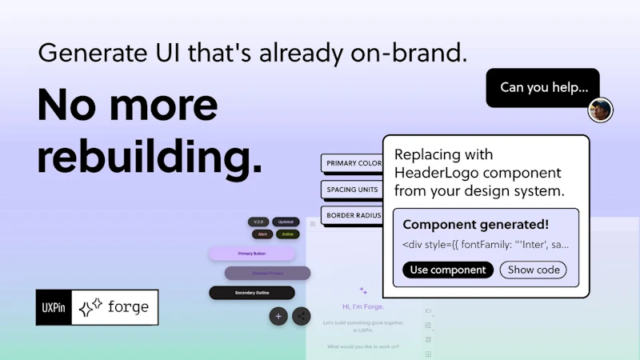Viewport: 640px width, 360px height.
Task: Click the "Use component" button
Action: point(448,270)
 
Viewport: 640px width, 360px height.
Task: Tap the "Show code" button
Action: point(534,270)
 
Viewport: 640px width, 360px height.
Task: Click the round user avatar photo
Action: point(600,110)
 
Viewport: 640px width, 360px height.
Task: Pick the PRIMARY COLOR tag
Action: point(352,164)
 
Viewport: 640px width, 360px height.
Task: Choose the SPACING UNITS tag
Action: point(352,190)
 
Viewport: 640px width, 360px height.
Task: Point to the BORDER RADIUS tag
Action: point(352,215)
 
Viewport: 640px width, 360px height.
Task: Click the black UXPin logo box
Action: point(54,307)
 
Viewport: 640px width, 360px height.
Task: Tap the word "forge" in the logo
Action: point(127,307)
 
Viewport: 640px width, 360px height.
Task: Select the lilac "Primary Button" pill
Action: point(252,254)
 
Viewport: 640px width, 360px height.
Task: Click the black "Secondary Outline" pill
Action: point(252,293)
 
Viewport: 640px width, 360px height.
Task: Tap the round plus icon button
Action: point(278,316)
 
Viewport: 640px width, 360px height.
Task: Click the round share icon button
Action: point(302,316)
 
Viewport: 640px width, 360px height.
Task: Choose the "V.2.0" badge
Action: point(258,222)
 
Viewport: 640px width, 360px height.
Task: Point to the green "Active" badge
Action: point(287,234)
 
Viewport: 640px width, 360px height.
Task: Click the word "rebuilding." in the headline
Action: point(150,157)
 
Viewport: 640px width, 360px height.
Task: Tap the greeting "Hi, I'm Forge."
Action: point(363,306)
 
